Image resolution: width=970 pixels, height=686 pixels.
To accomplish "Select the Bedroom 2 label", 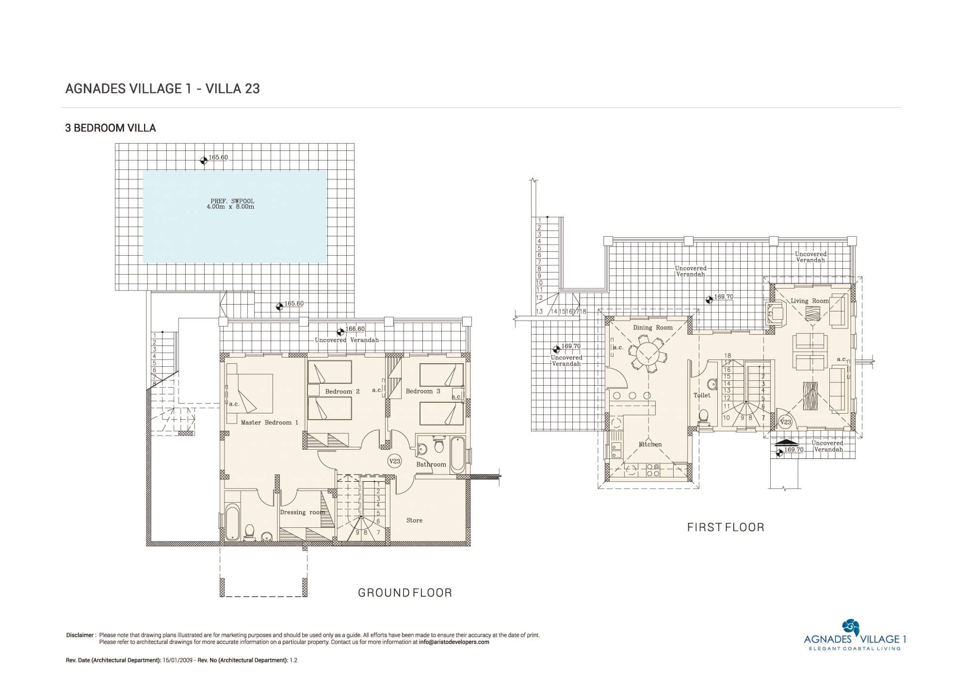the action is pyautogui.click(x=342, y=392).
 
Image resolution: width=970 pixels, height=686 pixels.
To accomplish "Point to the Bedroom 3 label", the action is pyautogui.click(x=423, y=391).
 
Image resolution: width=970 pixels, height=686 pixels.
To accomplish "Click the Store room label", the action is pyautogui.click(x=414, y=520).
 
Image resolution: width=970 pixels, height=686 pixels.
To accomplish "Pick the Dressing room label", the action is pyautogui.click(x=303, y=512).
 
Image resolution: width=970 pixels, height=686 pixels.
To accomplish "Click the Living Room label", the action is pyautogui.click(x=810, y=301).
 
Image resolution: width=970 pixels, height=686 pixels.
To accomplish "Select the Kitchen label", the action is pyautogui.click(x=650, y=444).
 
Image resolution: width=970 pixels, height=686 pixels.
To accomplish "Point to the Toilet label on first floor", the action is pyautogui.click(x=702, y=395).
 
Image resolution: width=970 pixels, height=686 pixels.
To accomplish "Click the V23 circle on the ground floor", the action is pyautogui.click(x=395, y=461).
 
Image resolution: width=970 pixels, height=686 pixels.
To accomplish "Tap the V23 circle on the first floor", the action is pyautogui.click(x=786, y=422).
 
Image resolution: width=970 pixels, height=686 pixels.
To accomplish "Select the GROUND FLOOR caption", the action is pyautogui.click(x=405, y=592).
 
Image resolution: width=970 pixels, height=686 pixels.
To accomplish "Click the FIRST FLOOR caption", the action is pyautogui.click(x=726, y=527).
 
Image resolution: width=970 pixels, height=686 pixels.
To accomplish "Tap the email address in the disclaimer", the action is pyautogui.click(x=454, y=642).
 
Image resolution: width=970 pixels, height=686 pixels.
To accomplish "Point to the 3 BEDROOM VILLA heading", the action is pyautogui.click(x=111, y=128).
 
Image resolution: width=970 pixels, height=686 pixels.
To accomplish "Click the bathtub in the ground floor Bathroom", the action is pyautogui.click(x=457, y=455).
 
